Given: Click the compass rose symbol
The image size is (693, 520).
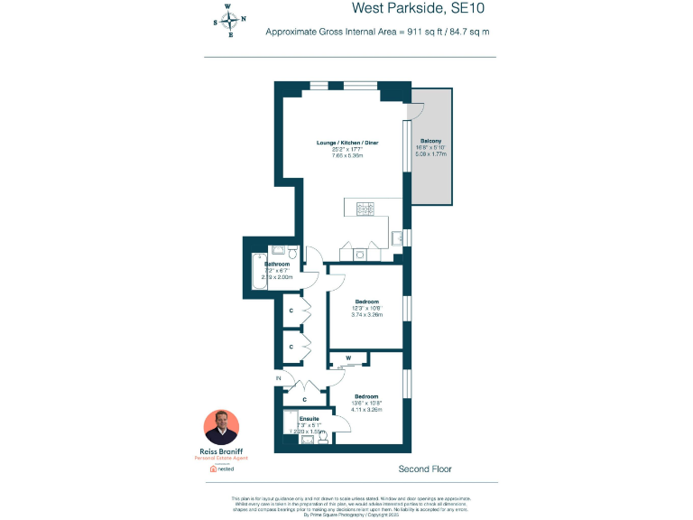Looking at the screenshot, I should pos(228,21).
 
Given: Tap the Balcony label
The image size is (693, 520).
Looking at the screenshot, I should pos(430,141).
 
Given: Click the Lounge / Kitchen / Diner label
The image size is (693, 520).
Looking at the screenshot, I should pos(347,144).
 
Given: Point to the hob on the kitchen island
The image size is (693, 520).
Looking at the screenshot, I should pos(366,208).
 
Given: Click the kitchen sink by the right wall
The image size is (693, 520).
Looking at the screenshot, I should pos(396,237).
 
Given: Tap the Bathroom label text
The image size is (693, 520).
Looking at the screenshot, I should pos(277,265).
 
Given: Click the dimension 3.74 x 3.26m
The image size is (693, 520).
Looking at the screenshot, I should pos(366,315).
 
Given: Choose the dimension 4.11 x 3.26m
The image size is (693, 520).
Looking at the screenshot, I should pos(366,409).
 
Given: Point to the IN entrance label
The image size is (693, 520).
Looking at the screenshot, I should pos(279,377).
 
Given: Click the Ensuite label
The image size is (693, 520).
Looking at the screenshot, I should pos(310,419).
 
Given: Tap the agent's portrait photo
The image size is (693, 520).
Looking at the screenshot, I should pos(222,427).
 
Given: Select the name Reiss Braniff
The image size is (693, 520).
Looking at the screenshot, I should pos(222,451).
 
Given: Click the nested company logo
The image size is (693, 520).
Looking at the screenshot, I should pos(222,469).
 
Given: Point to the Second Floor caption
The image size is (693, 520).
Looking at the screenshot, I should pos(425,469).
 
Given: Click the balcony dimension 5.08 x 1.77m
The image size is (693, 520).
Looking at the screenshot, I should pos(430,153).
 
